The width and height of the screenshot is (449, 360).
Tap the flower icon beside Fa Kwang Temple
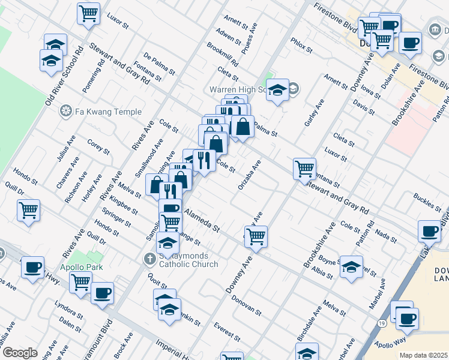tap(66, 112)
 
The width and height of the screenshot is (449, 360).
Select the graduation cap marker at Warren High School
tap(277, 91)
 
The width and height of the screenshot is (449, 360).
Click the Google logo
tap(19, 353)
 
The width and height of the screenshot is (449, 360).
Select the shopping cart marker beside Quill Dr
tap(28, 211)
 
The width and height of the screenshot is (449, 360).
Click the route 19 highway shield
tap(382, 340)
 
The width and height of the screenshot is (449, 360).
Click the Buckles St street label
tap(427, 200)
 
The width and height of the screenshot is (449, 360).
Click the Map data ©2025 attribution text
tap(423, 355)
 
